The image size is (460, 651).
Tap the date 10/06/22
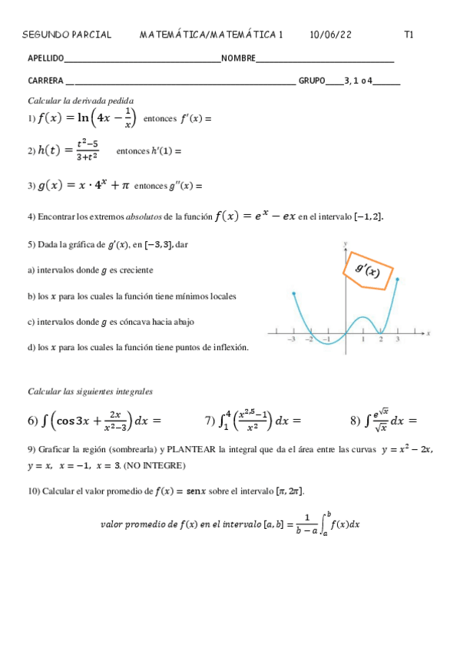pyautogui.click(x=330, y=35)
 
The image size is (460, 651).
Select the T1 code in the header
pyautogui.click(x=409, y=35)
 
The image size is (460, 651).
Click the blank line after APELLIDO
pyautogui.click(x=143, y=59)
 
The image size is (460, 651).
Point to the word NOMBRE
pyautogui.click(x=238, y=58)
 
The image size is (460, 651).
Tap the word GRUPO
pyautogui.click(x=311, y=81)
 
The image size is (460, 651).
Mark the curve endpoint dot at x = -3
pyautogui.click(x=293, y=293)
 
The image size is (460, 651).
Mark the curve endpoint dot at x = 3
pyautogui.click(x=398, y=279)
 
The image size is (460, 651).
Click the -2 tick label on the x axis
pyautogui.click(x=309, y=339)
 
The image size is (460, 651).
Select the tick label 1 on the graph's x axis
pyautogui.click(x=363, y=339)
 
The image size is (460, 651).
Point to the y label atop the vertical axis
pyautogui.click(x=346, y=243)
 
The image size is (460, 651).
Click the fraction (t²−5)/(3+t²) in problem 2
pyautogui.click(x=87, y=150)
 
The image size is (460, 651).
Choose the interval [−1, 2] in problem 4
pyautogui.click(x=366, y=216)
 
